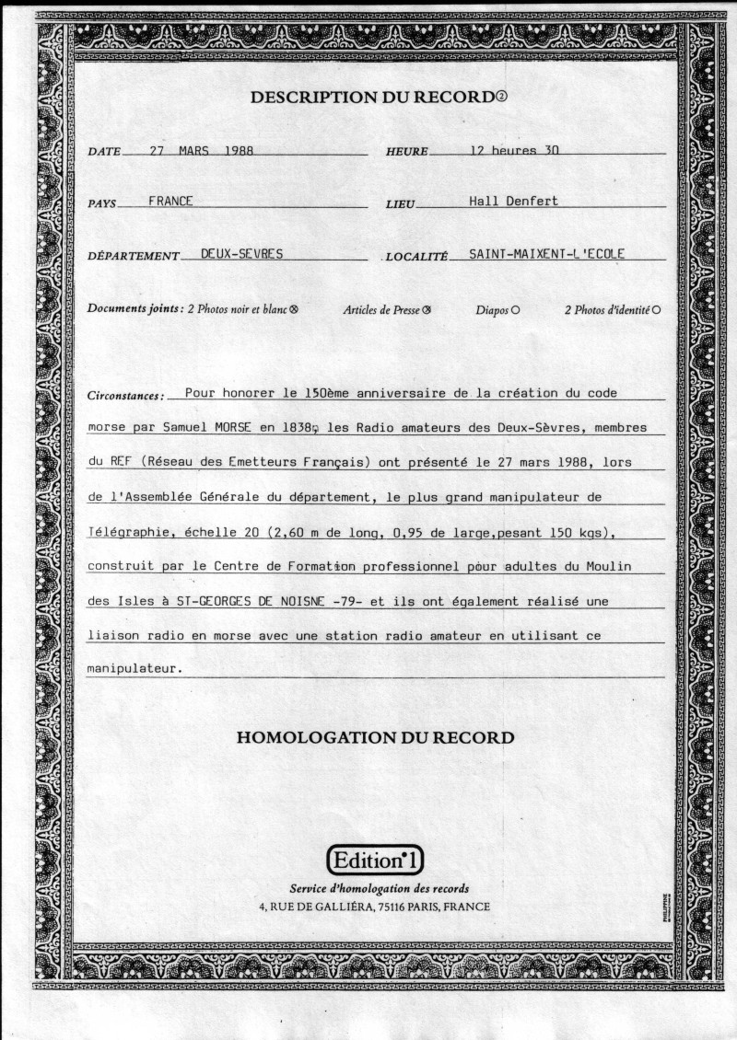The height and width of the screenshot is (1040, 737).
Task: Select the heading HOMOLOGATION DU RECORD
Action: (x=375, y=737)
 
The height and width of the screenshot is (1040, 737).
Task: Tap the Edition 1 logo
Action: (x=375, y=861)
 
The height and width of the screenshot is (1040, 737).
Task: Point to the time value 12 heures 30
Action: (x=514, y=150)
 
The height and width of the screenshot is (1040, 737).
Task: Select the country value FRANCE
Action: (x=170, y=201)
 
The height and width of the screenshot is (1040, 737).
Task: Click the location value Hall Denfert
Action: (x=513, y=201)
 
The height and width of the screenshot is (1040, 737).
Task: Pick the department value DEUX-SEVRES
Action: (x=235, y=253)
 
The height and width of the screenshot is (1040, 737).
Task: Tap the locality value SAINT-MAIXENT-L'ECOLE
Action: (x=546, y=253)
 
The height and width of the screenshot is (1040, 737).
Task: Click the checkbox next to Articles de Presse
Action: (x=427, y=310)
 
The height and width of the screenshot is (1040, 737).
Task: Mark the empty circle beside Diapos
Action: (x=515, y=310)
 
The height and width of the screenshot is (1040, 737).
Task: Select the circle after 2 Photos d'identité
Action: (x=656, y=310)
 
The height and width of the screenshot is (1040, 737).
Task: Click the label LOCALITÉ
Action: (x=416, y=256)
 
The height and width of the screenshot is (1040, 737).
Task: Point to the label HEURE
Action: (x=406, y=152)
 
